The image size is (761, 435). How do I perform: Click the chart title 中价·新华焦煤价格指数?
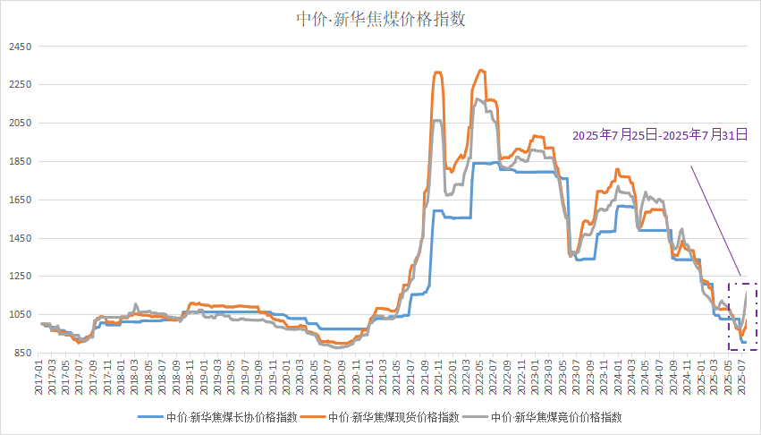381,19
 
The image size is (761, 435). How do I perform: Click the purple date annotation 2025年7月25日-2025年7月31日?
660,136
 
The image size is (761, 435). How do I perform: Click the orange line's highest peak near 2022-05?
482,70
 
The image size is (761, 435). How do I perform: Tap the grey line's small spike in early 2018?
136,304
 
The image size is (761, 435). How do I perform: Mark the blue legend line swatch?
151,417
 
